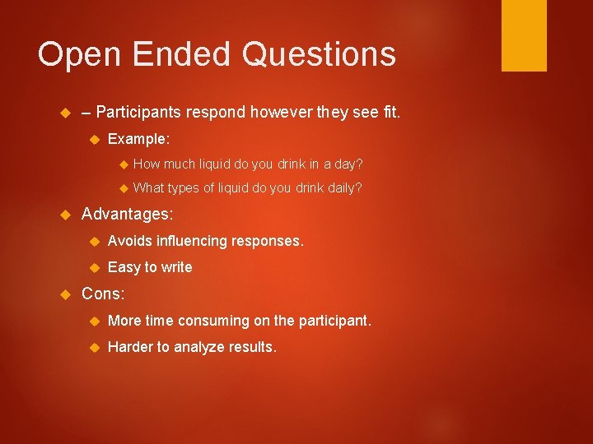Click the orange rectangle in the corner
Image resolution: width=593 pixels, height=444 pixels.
[x=524, y=35]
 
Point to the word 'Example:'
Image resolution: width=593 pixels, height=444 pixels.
[x=138, y=139]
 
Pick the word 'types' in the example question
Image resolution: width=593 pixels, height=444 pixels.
[x=184, y=188]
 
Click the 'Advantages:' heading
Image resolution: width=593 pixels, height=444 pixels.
[x=128, y=214]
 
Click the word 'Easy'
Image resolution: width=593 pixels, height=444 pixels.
[x=124, y=267]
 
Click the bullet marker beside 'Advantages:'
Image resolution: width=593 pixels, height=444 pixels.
[x=68, y=215]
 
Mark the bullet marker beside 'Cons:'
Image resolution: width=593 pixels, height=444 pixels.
[x=68, y=294]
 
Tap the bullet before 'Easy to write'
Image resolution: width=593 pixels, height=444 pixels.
[x=94, y=267]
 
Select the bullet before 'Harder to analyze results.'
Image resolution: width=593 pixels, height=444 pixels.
[x=94, y=347]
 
